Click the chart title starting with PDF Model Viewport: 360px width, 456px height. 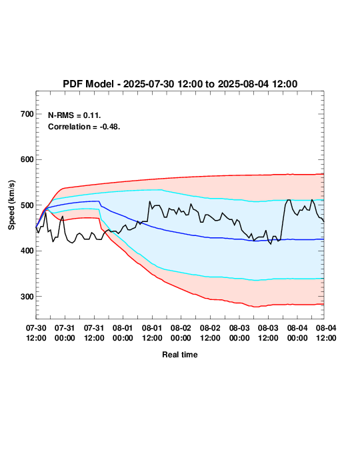coord(180,84)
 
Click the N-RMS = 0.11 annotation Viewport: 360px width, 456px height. coord(75,115)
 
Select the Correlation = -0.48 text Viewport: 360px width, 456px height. coord(84,127)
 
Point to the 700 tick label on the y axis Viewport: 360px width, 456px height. coord(27,114)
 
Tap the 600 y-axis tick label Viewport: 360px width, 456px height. coord(27,159)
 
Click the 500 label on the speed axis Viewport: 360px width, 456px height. coord(27,205)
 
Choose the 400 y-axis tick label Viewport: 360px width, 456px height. coord(27,251)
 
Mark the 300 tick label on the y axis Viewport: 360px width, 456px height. coord(27,297)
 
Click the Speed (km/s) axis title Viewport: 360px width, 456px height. coord(11,205)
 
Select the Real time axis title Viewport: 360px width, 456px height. coord(180,355)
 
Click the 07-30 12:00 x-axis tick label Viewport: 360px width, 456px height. coord(36,333)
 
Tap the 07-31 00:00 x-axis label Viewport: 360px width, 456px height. coord(65,333)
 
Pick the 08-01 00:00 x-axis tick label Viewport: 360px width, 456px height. coord(123,333)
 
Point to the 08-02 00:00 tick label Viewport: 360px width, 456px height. coord(181,333)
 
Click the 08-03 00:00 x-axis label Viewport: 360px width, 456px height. coord(239,333)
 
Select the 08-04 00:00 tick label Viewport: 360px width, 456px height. coord(297,333)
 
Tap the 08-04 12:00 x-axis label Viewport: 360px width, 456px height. coord(326,333)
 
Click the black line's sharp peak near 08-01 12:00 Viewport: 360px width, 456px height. coord(150,201)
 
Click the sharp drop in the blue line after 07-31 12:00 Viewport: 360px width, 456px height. coord(100,203)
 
